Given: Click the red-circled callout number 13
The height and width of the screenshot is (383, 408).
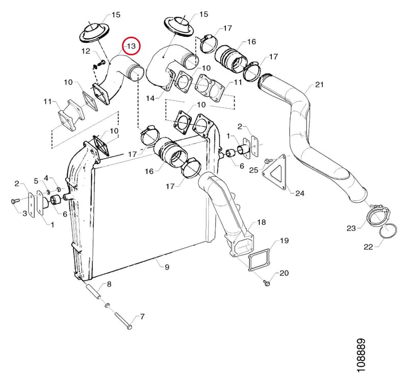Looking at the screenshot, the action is (132, 46).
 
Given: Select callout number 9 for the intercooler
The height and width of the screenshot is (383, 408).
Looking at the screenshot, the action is (167, 267).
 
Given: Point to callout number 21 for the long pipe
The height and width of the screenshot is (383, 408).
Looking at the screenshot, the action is (319, 85).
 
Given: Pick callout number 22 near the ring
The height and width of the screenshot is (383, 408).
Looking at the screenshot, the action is (368, 247).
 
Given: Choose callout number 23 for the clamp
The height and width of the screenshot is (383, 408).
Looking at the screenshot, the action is (351, 228).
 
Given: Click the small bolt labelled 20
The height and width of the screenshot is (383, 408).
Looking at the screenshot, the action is (266, 283).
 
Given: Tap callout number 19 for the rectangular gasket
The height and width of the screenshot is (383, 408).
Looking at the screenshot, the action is (285, 240).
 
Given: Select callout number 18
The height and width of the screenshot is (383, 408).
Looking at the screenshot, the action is (262, 222).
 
